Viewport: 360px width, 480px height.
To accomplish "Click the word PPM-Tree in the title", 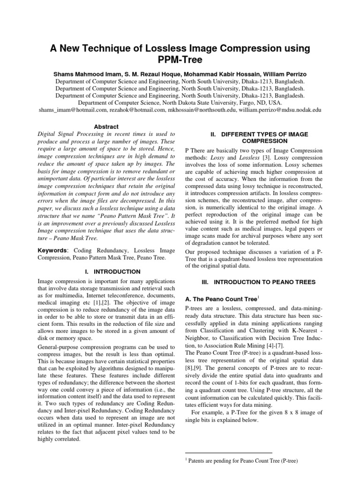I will (x=180, y=60).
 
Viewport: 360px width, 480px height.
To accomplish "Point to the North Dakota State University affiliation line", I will (x=180, y=102).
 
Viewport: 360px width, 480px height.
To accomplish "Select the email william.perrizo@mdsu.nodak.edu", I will (x=280, y=109).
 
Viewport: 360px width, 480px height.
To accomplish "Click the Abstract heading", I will (x=106, y=127).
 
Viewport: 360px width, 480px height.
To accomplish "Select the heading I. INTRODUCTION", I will (x=106, y=271).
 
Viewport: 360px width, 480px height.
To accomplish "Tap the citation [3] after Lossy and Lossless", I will (x=266, y=157).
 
